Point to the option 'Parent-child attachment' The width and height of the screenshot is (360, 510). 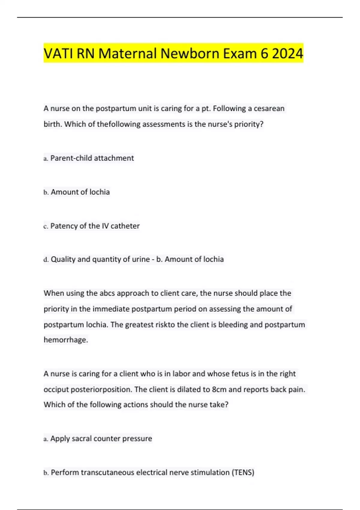(x=92, y=158)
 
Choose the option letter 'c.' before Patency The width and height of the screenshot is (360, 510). (x=46, y=226)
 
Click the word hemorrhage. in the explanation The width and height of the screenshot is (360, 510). (x=66, y=340)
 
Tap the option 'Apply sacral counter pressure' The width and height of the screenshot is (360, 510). (x=101, y=439)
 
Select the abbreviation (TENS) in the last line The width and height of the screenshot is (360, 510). (x=243, y=472)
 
